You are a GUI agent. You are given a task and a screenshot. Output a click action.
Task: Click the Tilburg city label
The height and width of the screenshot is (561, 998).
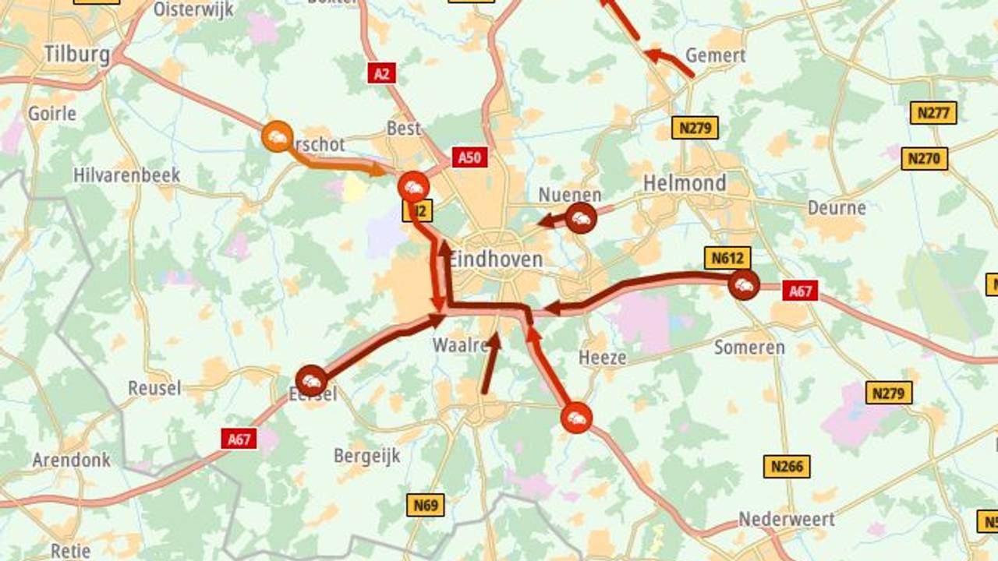tap(76, 55)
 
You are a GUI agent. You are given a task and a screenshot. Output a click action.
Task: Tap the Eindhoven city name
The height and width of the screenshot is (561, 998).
tap(495, 259)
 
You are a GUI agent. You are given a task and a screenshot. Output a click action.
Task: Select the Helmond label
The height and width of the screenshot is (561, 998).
tap(684, 184)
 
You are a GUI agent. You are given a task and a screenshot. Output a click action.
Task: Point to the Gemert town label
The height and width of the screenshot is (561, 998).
tap(715, 56)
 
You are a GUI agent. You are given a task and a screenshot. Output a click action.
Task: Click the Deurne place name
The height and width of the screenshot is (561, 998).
tap(836, 208)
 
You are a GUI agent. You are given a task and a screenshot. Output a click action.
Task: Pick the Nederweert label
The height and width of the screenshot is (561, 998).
tap(786, 519)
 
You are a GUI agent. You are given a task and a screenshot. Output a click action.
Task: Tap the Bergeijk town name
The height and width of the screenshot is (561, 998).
tap(366, 456)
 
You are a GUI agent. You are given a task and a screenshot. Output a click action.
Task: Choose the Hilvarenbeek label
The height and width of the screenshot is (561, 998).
tap(126, 175)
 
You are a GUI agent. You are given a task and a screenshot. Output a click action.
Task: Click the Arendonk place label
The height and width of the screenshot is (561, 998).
tap(71, 460)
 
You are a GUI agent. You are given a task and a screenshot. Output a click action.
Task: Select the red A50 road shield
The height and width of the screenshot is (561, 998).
tap(469, 157)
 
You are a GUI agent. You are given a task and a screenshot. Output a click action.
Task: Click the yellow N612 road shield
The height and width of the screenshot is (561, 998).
tap(727, 258)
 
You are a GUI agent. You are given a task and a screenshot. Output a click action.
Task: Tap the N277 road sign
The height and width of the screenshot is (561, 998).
tap(933, 113)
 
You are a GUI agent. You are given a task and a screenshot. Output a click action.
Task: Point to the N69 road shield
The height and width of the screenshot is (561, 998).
tap(425, 505)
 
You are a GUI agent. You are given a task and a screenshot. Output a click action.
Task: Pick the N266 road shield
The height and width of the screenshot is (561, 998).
tap(786, 467)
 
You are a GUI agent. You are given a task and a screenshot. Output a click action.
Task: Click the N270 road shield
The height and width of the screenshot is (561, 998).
tap(924, 159)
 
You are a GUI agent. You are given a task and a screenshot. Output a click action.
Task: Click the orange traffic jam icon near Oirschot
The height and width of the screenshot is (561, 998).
tap(277, 137)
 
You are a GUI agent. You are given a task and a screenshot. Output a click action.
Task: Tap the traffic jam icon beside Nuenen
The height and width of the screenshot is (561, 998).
tap(581, 219)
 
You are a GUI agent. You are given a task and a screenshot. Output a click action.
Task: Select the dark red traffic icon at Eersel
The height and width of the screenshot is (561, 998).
tap(311, 380)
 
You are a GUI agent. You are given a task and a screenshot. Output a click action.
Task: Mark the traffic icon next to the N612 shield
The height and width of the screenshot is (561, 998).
tap(744, 285)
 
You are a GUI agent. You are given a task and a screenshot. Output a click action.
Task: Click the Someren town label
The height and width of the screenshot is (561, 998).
tap(748, 348)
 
